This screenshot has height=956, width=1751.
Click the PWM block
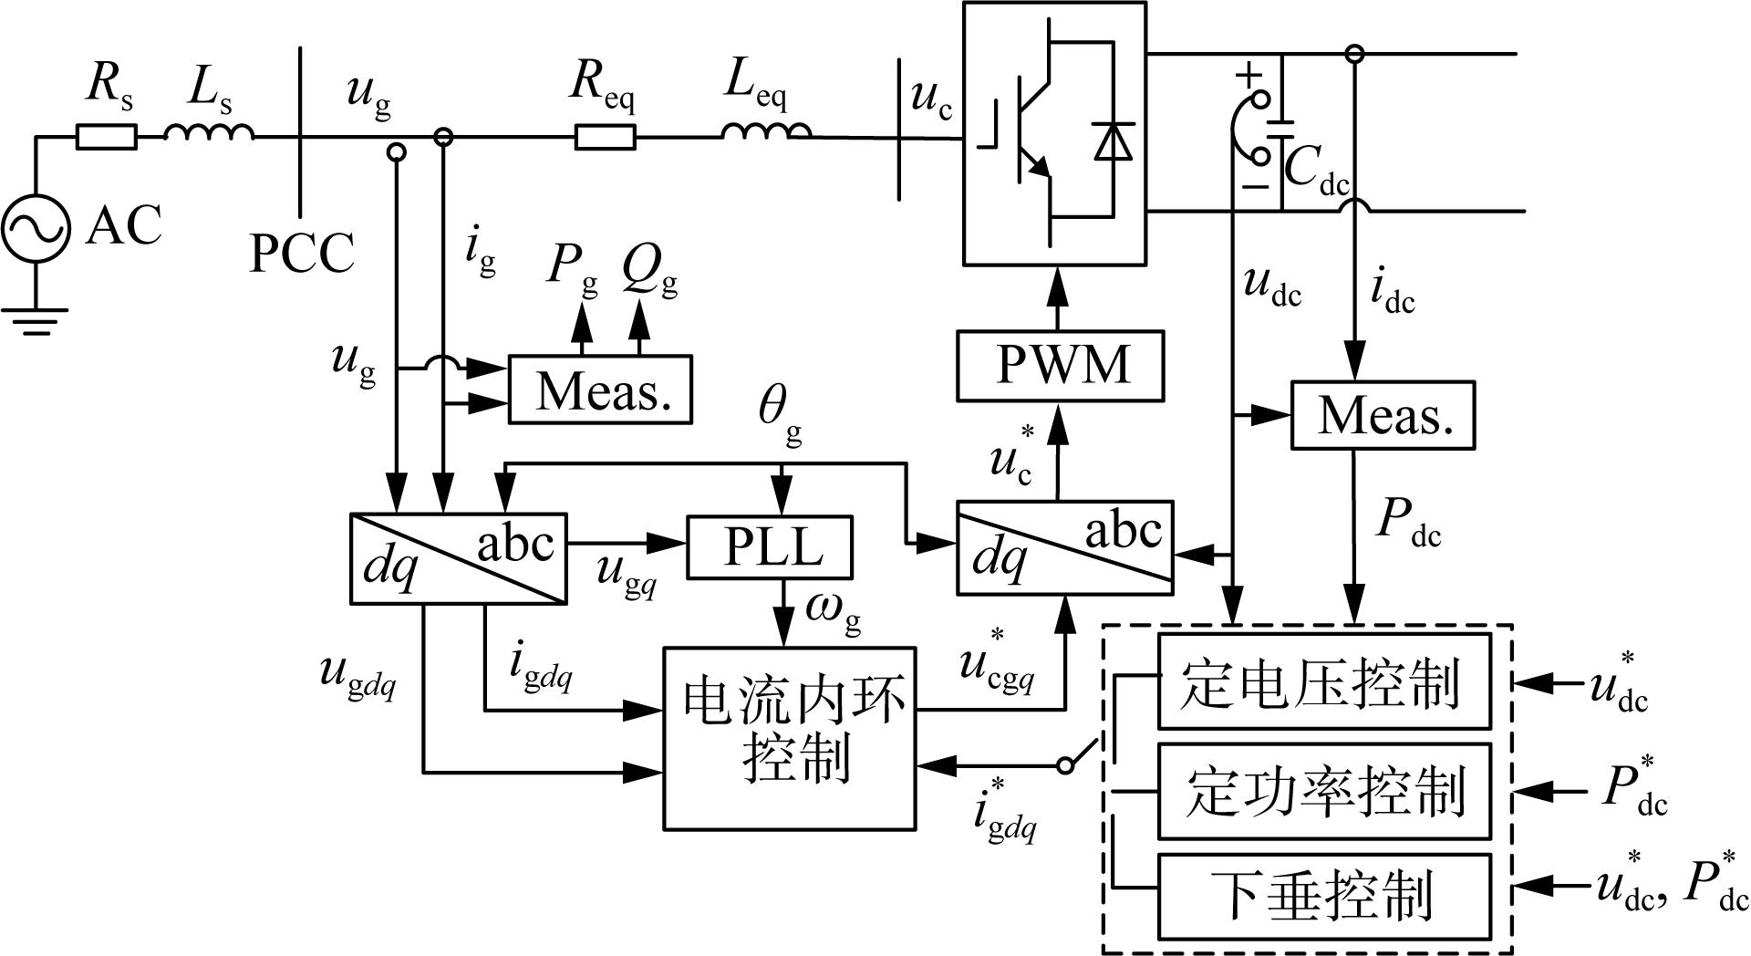(1060, 366)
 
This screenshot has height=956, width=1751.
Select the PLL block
(770, 547)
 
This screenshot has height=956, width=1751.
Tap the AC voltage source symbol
(36, 228)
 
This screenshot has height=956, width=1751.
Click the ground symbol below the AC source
(35, 320)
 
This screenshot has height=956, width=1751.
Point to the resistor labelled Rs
(106, 137)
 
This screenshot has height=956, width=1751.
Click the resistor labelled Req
(605, 137)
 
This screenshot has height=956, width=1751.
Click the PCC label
(302, 253)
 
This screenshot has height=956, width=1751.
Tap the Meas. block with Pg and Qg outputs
(600, 390)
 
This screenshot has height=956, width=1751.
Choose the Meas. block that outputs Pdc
(1383, 415)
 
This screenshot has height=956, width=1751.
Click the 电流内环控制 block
(789, 738)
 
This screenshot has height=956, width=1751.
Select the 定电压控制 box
(1324, 681)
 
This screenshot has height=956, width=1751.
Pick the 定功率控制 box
(1324, 791)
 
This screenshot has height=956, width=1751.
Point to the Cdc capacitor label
(1316, 171)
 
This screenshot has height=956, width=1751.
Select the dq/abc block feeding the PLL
(458, 558)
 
